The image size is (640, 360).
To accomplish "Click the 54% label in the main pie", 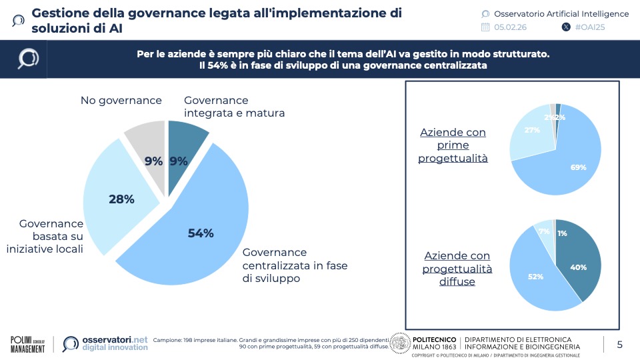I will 200,233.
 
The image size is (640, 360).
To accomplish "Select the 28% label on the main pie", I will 121,199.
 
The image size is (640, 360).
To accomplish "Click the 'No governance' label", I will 121,101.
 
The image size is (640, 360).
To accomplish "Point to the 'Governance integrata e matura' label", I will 234,107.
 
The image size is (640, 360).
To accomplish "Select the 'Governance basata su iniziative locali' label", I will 51,237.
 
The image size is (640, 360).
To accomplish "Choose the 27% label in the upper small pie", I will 532,130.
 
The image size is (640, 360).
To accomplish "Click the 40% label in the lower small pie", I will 578,267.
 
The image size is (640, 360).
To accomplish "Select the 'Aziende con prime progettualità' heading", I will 453,145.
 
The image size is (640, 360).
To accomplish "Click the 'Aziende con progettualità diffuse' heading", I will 457,269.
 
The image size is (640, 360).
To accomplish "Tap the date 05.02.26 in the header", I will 511,27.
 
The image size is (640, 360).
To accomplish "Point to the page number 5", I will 619,344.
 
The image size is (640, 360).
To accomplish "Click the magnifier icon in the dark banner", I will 28,59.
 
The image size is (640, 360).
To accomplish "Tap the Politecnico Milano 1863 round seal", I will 399,343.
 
